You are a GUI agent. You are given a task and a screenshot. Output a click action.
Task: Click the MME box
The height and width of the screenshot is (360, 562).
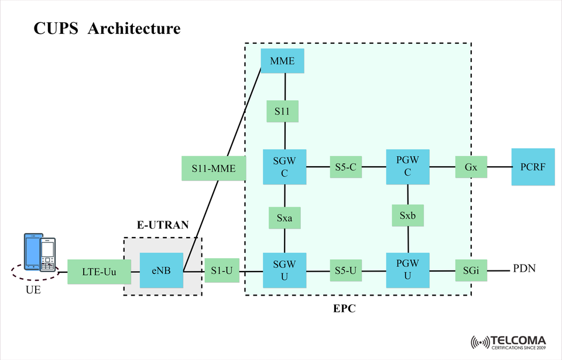pyautogui.click(x=282, y=61)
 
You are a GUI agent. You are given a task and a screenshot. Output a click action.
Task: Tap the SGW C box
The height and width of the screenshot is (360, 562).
pyautogui.click(x=285, y=167)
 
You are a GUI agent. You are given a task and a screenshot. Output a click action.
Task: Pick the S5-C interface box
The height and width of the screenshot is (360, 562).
pyautogui.click(x=346, y=167)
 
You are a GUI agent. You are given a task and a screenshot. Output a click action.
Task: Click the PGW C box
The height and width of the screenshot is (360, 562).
pyautogui.click(x=407, y=167)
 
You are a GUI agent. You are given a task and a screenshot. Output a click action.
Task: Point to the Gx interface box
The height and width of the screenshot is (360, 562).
pyautogui.click(x=471, y=167)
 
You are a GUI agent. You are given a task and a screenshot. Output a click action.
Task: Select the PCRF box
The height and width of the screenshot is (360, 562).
pyautogui.click(x=533, y=167)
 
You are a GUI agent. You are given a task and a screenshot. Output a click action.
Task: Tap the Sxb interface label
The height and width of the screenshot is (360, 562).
pyautogui.click(x=407, y=215)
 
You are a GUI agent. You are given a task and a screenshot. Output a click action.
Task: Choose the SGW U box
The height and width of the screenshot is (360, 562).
pyautogui.click(x=285, y=270)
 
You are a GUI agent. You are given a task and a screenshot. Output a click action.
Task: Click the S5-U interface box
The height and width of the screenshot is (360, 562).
pyautogui.click(x=346, y=270)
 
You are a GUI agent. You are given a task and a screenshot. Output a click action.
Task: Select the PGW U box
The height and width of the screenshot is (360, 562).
pyautogui.click(x=407, y=270)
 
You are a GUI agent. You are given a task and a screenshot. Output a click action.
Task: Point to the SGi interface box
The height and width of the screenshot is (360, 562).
pyautogui.click(x=471, y=270)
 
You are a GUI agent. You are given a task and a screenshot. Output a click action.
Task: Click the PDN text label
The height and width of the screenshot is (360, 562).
pyautogui.click(x=525, y=269)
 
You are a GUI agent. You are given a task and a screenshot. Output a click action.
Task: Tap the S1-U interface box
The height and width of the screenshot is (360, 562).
pyautogui.click(x=221, y=270)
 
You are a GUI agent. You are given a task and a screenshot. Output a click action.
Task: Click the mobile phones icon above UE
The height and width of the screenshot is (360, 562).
pyautogui.click(x=40, y=252)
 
